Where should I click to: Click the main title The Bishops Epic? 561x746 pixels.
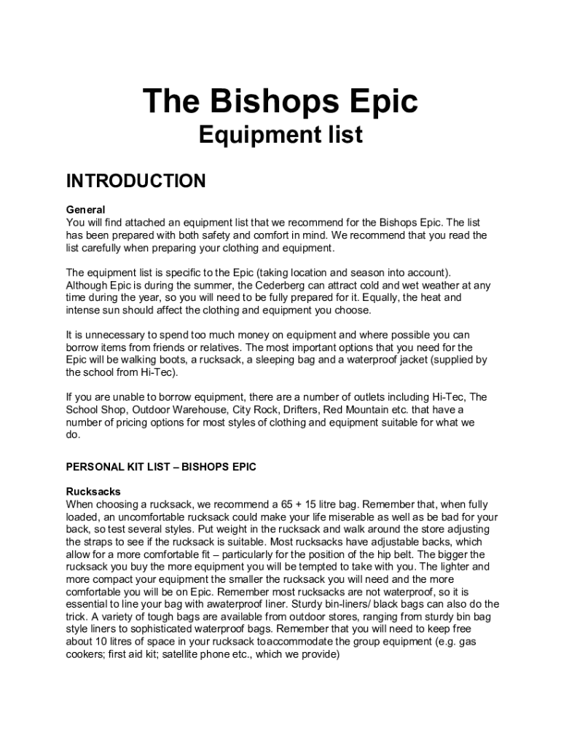pos(280,101)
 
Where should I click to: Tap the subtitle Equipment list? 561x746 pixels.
pos(280,135)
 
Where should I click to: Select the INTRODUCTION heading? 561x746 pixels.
pos(136,181)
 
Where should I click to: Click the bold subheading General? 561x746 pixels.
pos(85,210)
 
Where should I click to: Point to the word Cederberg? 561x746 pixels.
pos(276,286)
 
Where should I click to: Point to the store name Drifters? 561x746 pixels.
pos(302,409)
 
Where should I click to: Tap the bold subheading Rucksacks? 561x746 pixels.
pos(93,492)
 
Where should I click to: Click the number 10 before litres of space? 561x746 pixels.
pos(101,642)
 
